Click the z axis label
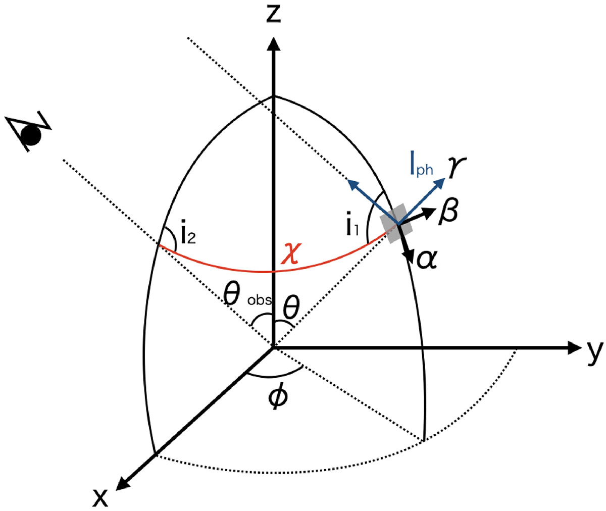pyautogui.click(x=273, y=14)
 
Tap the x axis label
pyautogui.click(x=100, y=497)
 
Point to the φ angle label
pyautogui.click(x=278, y=396)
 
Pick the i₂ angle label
pyautogui.click(x=187, y=234)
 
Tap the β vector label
pyautogui.click(x=448, y=211)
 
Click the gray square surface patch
pyautogui.click(x=399, y=222)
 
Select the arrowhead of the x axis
pyautogui.click(x=124, y=483)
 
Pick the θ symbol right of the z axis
pyautogui.click(x=292, y=305)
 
